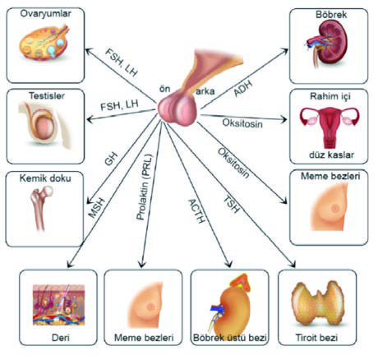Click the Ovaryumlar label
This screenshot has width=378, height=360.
point(45,13)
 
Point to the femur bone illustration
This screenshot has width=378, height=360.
point(43,208)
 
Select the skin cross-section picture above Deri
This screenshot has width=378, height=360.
point(58,305)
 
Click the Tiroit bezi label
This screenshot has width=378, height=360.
point(316,337)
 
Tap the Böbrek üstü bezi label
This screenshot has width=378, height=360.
point(229,337)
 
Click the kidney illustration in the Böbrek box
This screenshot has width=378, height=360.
point(327,44)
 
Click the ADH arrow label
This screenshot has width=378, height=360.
point(243,88)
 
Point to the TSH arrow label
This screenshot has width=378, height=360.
point(232,205)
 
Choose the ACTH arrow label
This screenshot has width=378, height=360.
point(196,211)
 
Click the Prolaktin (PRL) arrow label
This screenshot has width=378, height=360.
point(145,187)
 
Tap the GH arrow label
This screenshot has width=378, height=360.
point(111,159)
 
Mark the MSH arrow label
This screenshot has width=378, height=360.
point(97,208)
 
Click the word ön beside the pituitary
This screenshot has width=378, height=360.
point(165,89)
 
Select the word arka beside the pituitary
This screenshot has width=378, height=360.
point(205,91)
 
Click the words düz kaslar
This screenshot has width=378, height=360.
point(331,155)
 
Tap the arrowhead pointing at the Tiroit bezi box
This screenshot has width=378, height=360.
point(293,264)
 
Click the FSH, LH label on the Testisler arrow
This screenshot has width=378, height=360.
point(119,105)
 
